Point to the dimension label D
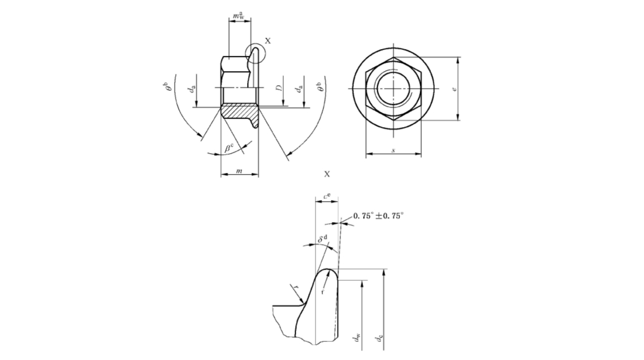pyautogui.click(x=279, y=89)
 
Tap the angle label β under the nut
pyautogui.click(x=228, y=148)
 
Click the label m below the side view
pyautogui.click(x=239, y=171)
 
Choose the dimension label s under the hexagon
pyautogui.click(x=394, y=150)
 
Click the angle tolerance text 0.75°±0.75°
pyautogui.click(x=378, y=216)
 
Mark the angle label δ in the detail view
pyautogui.click(x=323, y=240)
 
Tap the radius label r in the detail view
pyautogui.click(x=295, y=289)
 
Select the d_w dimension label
pyautogui.click(x=358, y=338)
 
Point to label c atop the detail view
pyautogui.click(x=326, y=196)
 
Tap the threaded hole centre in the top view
pyautogui.click(x=394, y=89)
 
